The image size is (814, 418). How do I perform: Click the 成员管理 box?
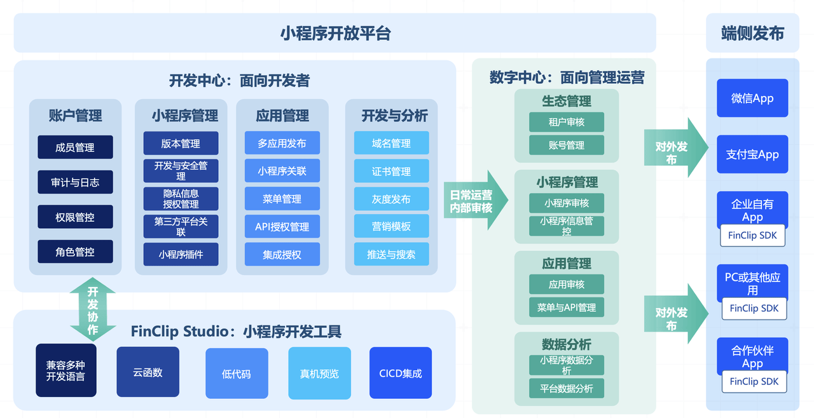coord(75,147)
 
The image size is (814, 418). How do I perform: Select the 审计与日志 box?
coord(75,182)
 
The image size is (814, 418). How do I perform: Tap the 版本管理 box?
coord(181,144)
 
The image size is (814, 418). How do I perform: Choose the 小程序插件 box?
coord(181,254)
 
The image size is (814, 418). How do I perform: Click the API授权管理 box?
coord(282,226)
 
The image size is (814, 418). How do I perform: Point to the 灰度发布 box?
coord(391,199)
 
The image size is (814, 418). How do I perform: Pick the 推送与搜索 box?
coord(391,254)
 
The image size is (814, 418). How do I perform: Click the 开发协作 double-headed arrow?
coord(93,309)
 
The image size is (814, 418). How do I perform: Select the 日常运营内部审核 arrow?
coord(476,200)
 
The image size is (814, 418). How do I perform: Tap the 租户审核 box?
coord(567,122)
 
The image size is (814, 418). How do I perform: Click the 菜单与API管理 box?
coord(567,307)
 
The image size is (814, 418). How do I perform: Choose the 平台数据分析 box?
coord(567,388)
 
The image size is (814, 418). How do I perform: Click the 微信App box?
coord(752,98)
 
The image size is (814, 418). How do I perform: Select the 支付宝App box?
coord(752,154)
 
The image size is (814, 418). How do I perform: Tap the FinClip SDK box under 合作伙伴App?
coord(754,381)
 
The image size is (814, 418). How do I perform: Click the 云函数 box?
coord(148,372)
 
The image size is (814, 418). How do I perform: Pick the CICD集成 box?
coord(401,373)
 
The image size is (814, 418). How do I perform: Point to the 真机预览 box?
coord(319,373)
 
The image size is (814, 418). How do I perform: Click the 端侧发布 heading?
coord(752,34)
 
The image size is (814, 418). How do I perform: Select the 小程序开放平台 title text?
coord(335,34)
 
